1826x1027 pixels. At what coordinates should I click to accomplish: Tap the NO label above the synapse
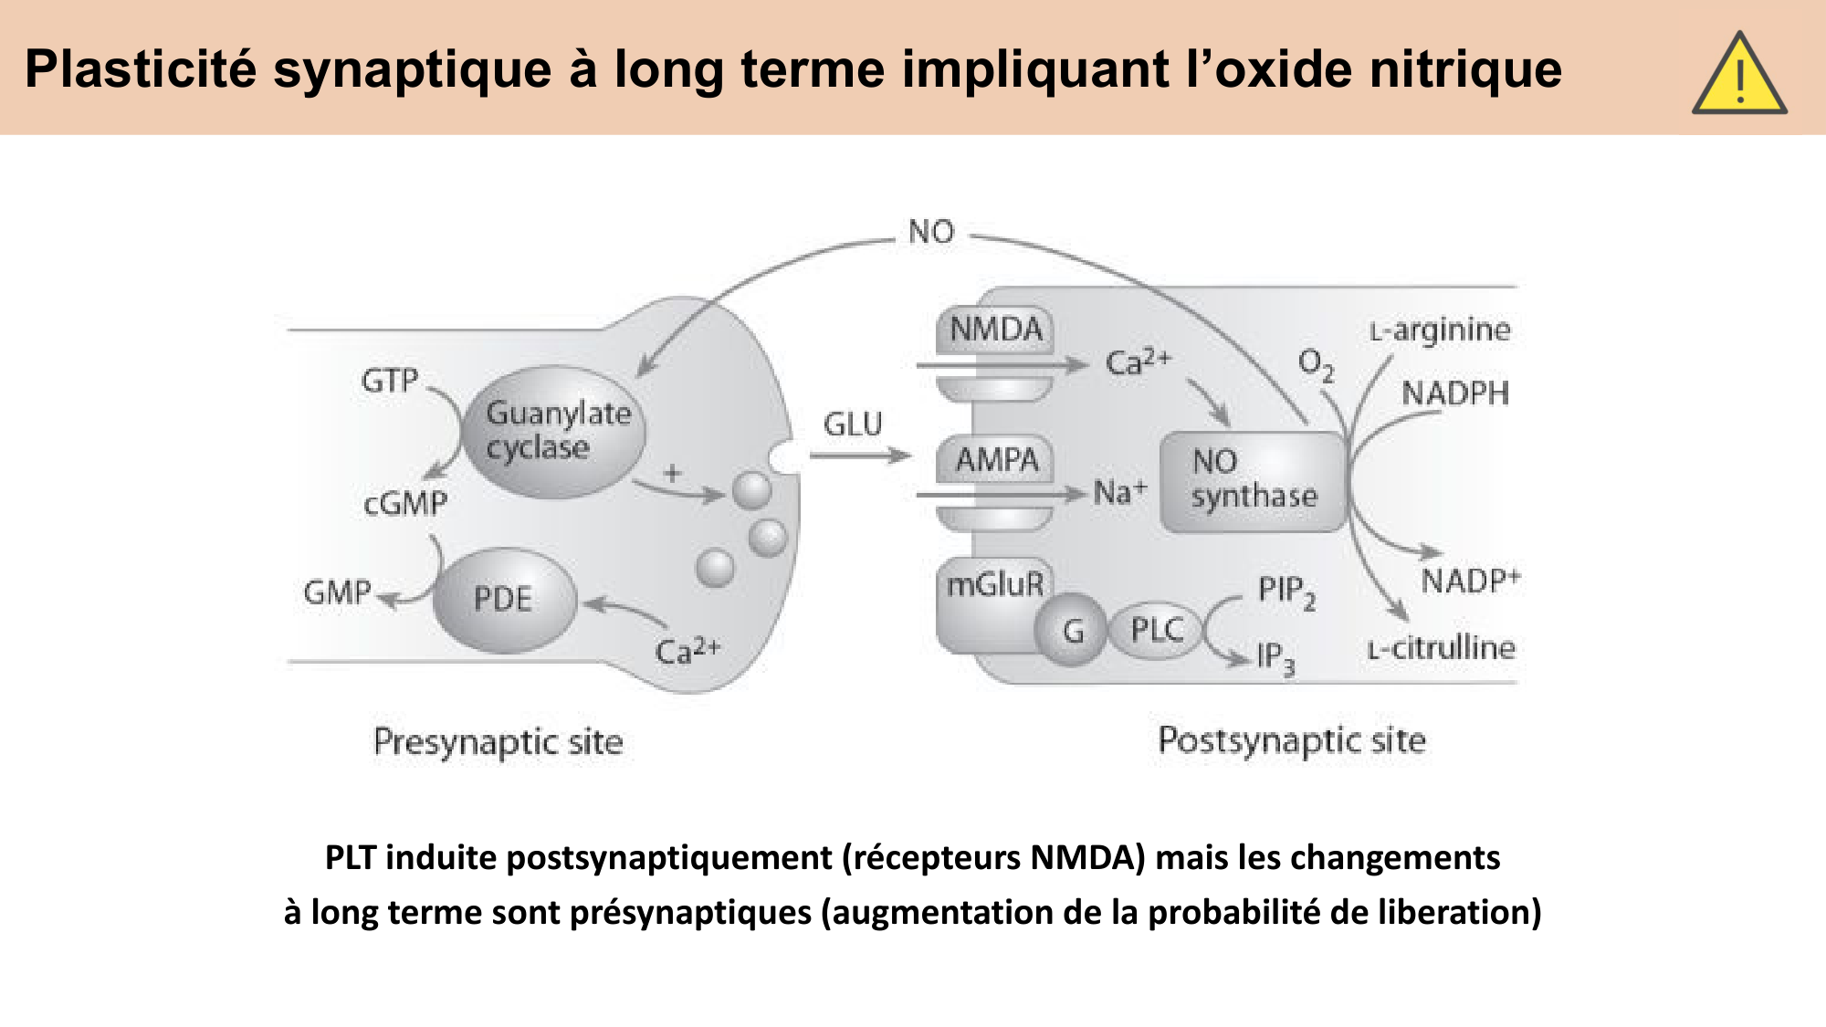point(931,232)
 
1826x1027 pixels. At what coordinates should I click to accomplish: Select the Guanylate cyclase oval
point(554,431)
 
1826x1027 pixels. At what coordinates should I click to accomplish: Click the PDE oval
point(504,600)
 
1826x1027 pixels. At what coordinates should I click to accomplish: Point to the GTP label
point(390,381)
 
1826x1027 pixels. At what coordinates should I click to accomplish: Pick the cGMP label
point(405,504)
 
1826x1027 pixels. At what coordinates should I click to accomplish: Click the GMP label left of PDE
point(338,593)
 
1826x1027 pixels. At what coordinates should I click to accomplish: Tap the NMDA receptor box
point(995,330)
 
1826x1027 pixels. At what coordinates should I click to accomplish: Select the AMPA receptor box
point(996,460)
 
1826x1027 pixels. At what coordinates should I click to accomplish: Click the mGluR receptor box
point(993,585)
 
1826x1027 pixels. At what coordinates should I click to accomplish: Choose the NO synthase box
point(1253,481)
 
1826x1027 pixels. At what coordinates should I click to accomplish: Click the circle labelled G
point(1073,630)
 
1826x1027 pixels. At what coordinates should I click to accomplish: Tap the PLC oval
point(1156,630)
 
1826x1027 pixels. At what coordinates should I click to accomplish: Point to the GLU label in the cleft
point(853,424)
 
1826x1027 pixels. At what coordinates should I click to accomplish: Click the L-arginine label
point(1440,330)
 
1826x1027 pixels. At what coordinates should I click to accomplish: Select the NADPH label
point(1455,393)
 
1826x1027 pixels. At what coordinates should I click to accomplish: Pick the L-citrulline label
point(1441,648)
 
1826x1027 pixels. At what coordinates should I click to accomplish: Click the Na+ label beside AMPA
point(1119,493)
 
